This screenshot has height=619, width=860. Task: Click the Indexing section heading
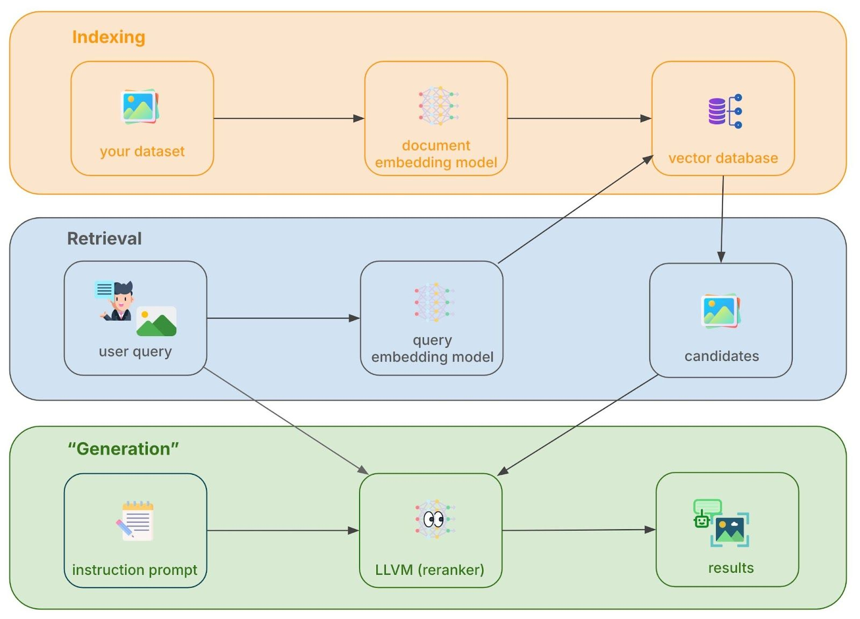click(x=109, y=37)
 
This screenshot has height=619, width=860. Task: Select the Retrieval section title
click(x=104, y=238)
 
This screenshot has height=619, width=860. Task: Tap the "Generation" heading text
click(x=123, y=449)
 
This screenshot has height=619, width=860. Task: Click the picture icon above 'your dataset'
click(x=140, y=106)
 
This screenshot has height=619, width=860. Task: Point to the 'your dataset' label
click(x=142, y=152)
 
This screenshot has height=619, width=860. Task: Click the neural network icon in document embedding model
click(x=438, y=105)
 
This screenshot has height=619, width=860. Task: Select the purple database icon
click(x=717, y=111)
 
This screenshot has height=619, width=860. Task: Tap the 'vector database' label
click(x=723, y=158)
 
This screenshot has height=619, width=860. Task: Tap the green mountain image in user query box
click(x=156, y=322)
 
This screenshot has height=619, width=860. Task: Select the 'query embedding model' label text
click(x=432, y=348)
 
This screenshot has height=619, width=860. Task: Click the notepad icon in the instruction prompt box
click(x=136, y=521)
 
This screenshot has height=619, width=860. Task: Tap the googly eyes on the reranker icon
click(x=433, y=519)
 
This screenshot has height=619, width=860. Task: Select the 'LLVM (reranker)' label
click(x=429, y=570)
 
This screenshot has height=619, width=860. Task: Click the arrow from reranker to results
click(x=578, y=530)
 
